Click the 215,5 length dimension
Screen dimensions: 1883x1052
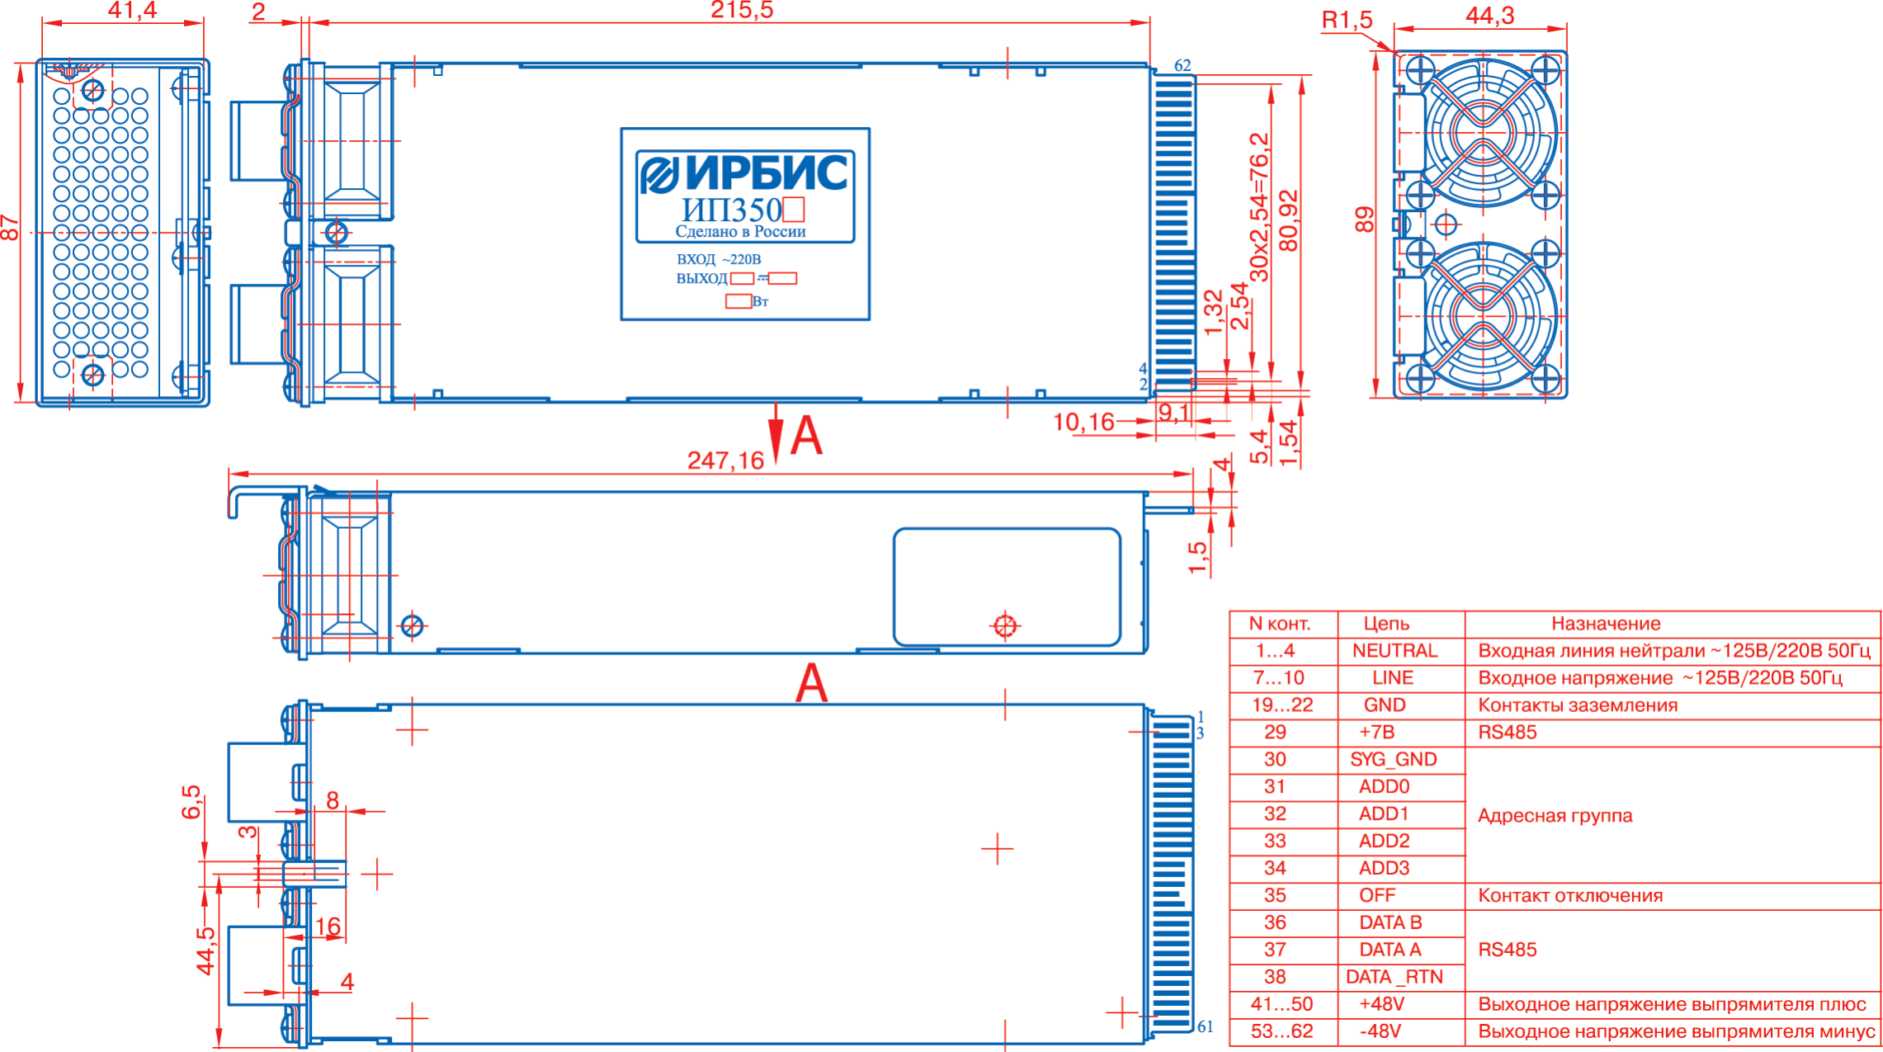click(742, 10)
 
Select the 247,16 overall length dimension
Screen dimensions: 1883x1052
click(726, 460)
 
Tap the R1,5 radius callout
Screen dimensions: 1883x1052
click(1347, 20)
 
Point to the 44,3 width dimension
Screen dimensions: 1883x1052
click(1490, 16)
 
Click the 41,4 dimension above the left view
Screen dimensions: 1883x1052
click(132, 10)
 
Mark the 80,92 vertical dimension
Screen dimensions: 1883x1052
click(1288, 220)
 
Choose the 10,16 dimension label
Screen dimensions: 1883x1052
click(1083, 422)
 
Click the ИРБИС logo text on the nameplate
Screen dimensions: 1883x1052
click(766, 172)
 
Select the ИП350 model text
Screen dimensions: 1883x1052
click(731, 210)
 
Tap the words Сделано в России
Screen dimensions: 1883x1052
click(740, 232)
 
